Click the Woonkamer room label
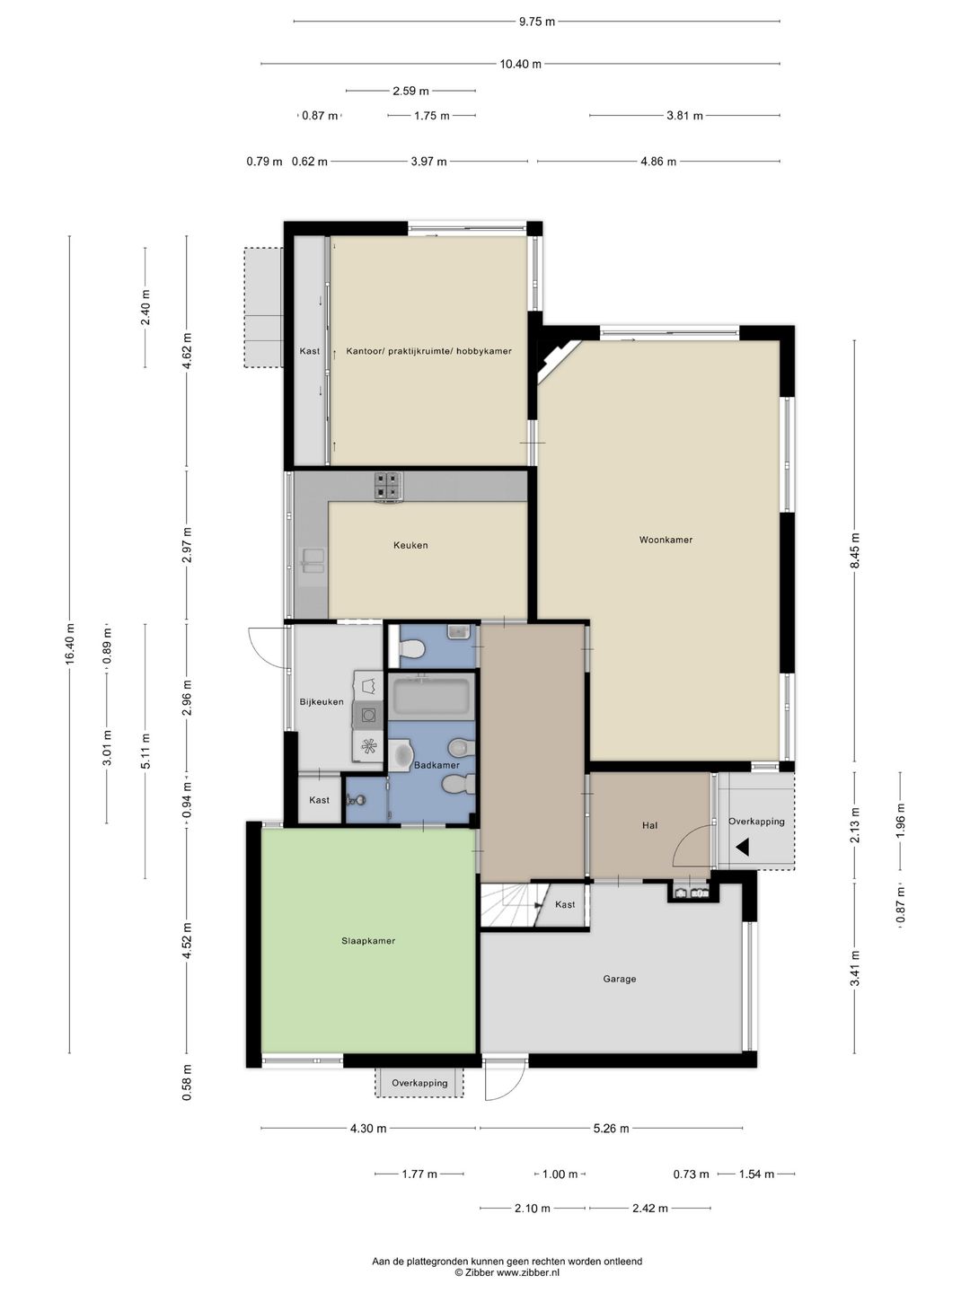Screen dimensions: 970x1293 (666, 539)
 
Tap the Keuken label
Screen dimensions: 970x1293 (410, 545)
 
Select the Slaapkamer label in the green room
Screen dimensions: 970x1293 (368, 941)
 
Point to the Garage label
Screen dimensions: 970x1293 (619, 979)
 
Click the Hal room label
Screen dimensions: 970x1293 (649, 825)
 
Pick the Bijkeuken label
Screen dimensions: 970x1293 (322, 701)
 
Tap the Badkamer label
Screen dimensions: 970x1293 (436, 765)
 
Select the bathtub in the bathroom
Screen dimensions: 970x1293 (431, 697)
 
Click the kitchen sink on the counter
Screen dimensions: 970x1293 (312, 561)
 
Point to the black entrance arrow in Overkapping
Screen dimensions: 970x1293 (742, 848)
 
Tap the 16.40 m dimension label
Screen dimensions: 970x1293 (70, 644)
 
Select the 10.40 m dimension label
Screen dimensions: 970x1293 (520, 64)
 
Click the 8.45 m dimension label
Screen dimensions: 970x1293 (855, 550)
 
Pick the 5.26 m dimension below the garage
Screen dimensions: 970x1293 (612, 1128)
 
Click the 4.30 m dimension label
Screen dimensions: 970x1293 (368, 1128)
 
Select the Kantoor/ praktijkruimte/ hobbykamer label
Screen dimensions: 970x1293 (428, 351)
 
